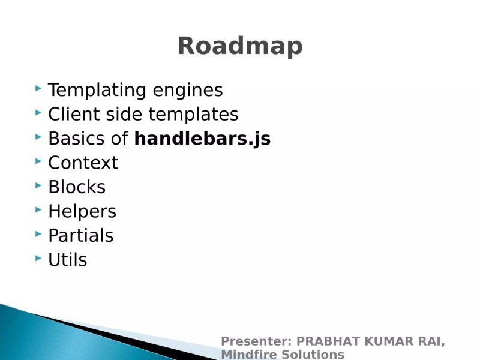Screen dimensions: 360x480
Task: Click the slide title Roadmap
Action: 239,46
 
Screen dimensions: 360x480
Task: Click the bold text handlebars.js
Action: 202,139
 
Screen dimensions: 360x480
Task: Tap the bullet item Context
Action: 83,163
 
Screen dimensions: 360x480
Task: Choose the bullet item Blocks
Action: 77,187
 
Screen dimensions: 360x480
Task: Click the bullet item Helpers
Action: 82,211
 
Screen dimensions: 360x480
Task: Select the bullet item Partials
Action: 80,236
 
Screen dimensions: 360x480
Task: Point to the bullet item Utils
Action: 67,260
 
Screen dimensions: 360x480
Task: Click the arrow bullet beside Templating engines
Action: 38,89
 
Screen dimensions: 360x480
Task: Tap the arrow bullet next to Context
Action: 38,161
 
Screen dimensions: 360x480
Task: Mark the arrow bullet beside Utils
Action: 38,258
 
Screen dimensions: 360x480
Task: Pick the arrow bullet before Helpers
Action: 38,209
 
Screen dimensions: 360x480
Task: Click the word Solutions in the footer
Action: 313,354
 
